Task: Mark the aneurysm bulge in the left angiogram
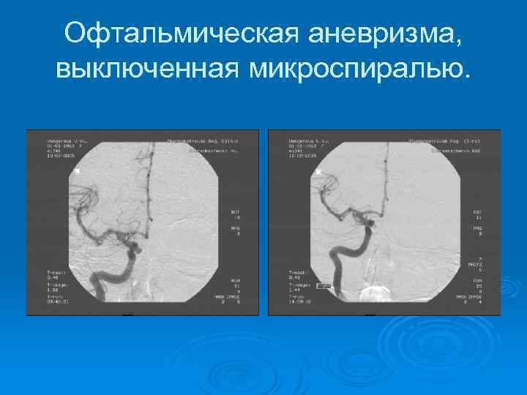click(137, 241)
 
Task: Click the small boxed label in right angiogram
click(324, 286)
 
